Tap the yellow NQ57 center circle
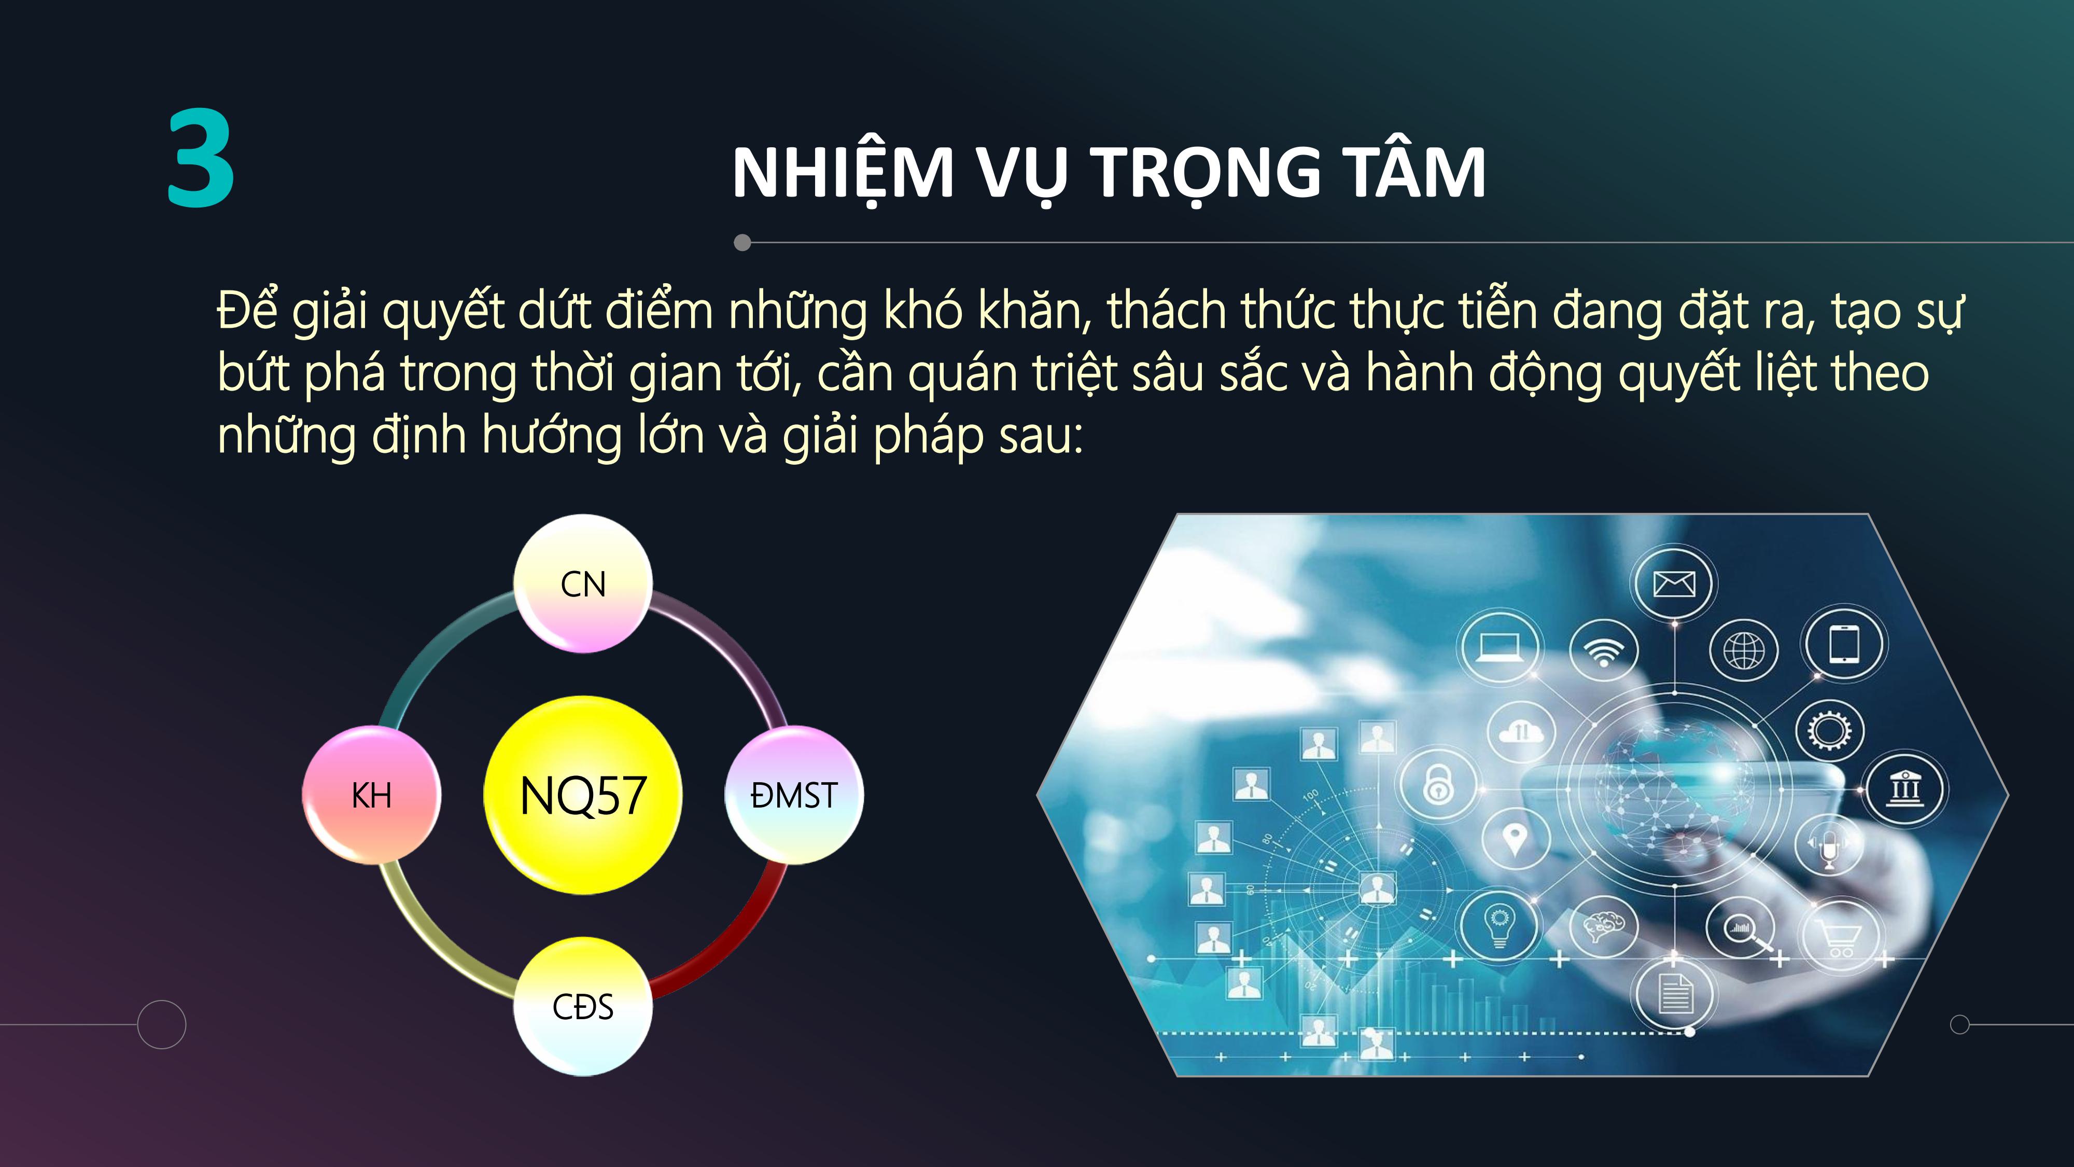[x=583, y=795]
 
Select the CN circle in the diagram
[x=583, y=583]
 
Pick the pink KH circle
[x=371, y=795]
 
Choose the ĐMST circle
[x=794, y=795]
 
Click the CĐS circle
[x=583, y=1007]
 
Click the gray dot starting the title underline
[x=742, y=242]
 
